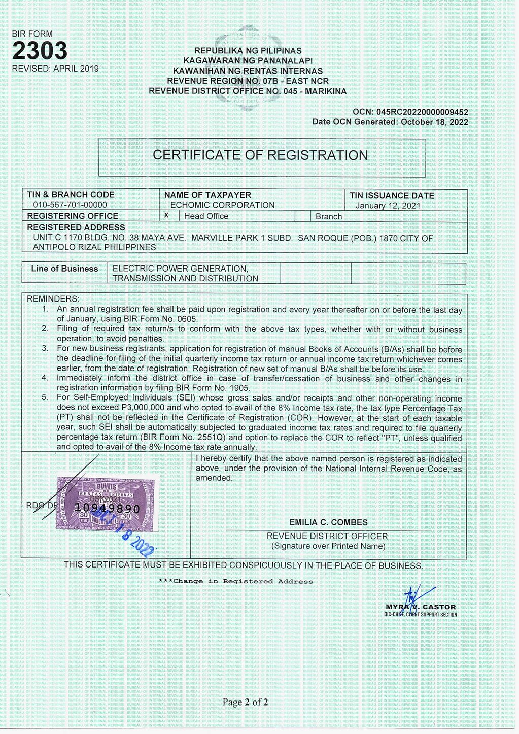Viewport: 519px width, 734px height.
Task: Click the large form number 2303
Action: [x=40, y=51]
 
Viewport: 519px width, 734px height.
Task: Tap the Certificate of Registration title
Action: [x=260, y=155]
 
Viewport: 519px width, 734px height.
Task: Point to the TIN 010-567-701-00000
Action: [x=70, y=205]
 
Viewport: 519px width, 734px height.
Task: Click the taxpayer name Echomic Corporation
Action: [x=222, y=205]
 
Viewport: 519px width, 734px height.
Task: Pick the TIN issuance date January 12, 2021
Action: [x=388, y=206]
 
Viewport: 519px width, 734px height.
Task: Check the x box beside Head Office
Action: [x=167, y=216]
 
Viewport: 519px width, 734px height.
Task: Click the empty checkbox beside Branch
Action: [x=302, y=216]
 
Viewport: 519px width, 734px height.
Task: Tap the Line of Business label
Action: [x=64, y=269]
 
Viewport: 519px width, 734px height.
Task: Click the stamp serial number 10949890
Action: [x=107, y=508]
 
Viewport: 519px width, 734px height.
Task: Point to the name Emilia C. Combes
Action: [x=328, y=522]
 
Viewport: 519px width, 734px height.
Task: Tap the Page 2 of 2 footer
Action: [x=245, y=703]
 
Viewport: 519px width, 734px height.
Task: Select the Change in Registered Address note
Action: [x=235, y=581]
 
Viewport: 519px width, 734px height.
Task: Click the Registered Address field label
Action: [x=76, y=227]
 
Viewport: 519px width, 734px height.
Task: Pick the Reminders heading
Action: [x=53, y=299]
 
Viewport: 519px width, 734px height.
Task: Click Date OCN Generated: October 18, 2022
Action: [x=390, y=122]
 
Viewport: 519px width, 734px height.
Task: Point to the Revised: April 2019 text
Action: [x=55, y=69]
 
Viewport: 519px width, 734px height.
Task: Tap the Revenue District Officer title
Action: [x=327, y=536]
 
